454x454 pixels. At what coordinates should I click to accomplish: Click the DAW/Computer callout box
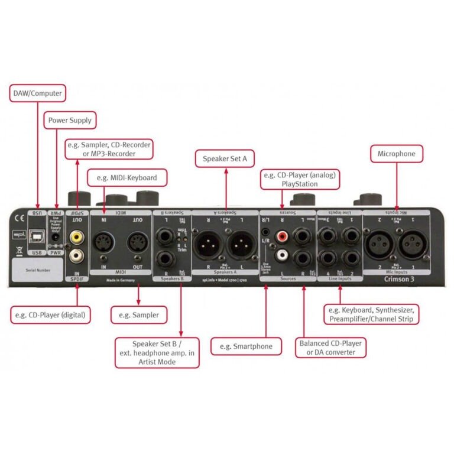tap(36, 93)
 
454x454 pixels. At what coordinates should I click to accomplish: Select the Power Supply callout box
tap(70, 120)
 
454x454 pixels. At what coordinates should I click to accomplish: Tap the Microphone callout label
tap(397, 154)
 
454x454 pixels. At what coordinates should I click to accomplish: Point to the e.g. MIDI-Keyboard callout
tap(127, 177)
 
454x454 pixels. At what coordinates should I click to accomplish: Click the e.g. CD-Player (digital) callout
tap(51, 314)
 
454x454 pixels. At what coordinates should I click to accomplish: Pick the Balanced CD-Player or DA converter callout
tap(330, 347)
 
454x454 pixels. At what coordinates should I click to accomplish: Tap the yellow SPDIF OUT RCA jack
tap(76, 236)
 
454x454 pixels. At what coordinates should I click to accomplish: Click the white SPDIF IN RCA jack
tap(76, 255)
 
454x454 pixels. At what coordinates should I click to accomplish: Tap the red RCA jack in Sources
tap(282, 237)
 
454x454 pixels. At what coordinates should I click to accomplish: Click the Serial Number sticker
tap(37, 269)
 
